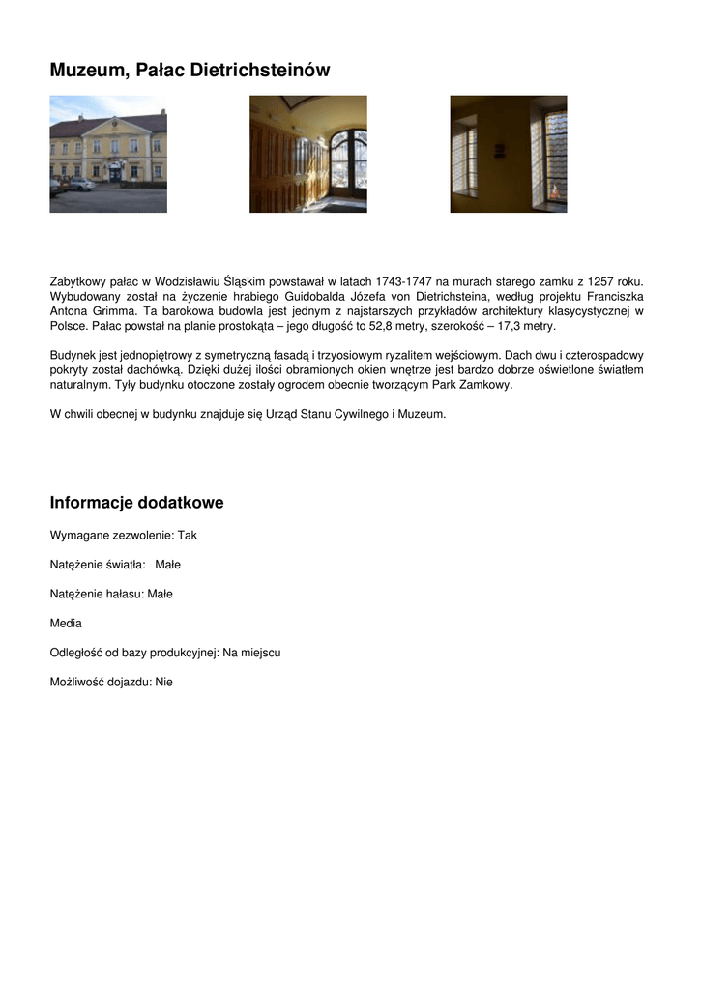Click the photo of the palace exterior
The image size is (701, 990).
point(108,154)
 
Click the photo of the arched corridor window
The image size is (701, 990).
point(308,154)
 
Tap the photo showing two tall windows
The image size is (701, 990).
point(509,154)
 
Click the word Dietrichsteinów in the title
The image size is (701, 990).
point(260,71)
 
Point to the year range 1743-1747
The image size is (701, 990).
point(403,281)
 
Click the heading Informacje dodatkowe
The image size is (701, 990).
point(136,503)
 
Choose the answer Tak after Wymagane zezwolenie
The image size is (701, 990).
point(188,535)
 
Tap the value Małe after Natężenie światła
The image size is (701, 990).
point(168,565)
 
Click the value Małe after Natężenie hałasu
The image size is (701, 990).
point(161,594)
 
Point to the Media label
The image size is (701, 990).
point(66,624)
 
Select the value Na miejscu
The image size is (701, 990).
point(251,653)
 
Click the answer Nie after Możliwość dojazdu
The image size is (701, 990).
point(163,682)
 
